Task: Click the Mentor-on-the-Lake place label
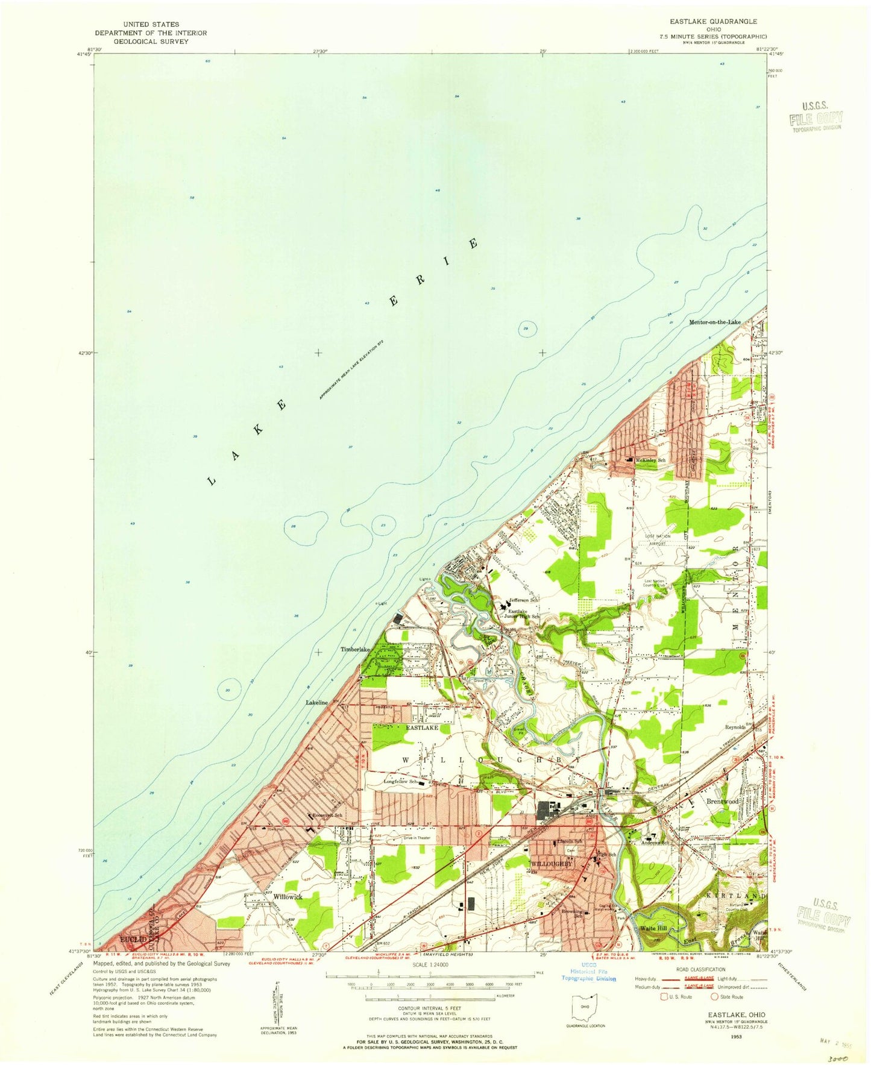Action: (715, 322)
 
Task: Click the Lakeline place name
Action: (317, 703)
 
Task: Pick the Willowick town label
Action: (286, 896)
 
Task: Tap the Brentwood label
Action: (722, 802)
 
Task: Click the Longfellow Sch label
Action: (401, 782)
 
